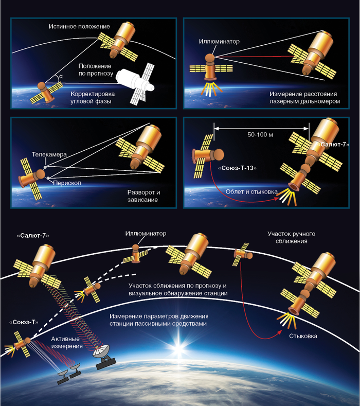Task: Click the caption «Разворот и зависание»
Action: [143, 196]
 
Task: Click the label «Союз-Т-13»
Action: [237, 168]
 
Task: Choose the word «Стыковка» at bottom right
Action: [302, 336]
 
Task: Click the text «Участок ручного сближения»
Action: [291, 237]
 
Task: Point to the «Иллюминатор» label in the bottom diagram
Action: [146, 233]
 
